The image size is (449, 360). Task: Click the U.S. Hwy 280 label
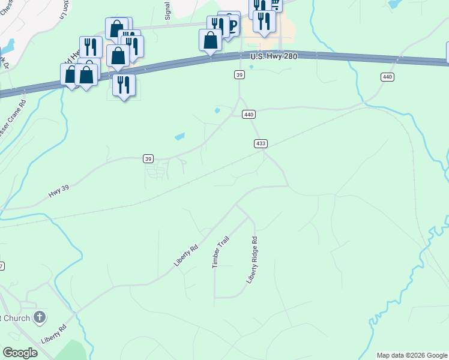(274, 56)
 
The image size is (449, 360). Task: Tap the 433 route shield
(261, 144)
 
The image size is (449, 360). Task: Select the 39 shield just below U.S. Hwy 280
(240, 74)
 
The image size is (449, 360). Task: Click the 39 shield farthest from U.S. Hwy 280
(148, 158)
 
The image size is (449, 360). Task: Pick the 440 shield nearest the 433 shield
(249, 114)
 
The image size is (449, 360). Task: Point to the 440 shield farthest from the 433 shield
(387, 77)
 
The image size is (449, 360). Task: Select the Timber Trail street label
(220, 252)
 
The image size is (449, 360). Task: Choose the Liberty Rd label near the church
(54, 335)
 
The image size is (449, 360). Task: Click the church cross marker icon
(40, 317)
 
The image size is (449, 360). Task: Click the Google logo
(20, 353)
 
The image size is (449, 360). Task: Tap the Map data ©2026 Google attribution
(412, 355)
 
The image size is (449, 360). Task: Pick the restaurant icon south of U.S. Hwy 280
(124, 85)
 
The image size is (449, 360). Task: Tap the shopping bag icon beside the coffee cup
(210, 40)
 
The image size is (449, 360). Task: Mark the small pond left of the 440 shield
(217, 110)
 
